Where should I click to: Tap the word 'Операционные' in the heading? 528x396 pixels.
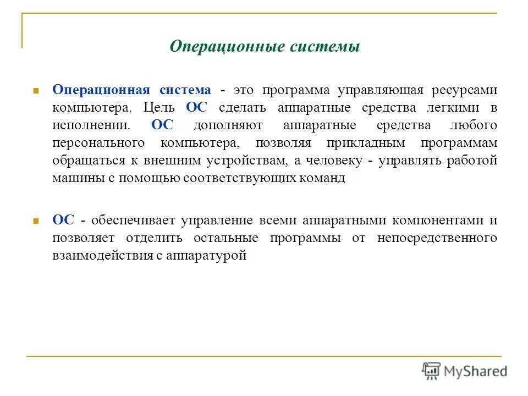click(227, 46)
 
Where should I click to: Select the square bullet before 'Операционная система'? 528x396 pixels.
click(35, 90)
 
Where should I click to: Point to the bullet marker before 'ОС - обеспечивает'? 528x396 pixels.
click(35, 221)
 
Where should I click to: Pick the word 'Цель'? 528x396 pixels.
click(160, 108)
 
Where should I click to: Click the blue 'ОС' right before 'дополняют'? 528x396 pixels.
click(162, 125)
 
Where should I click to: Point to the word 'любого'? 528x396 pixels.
click(477, 125)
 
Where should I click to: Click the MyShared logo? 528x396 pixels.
click(465, 371)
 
